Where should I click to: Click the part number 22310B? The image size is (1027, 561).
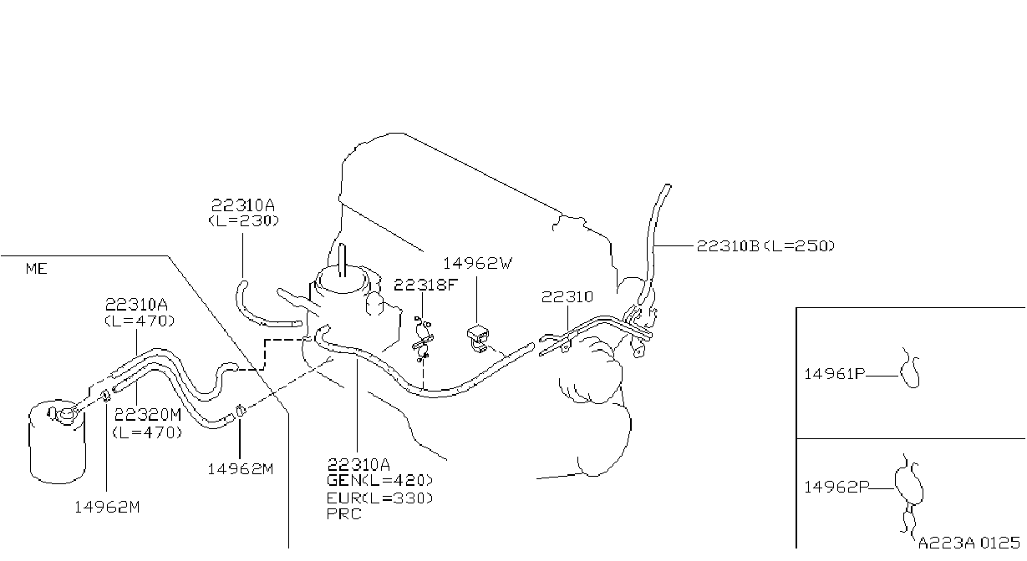(x=729, y=246)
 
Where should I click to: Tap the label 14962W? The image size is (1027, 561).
(x=477, y=263)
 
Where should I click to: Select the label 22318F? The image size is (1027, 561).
(x=426, y=285)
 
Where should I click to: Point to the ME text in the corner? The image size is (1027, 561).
(x=36, y=269)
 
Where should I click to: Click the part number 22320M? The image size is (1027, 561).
(x=148, y=415)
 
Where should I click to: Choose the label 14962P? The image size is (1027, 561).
(x=836, y=487)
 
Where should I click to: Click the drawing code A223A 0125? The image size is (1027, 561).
(x=969, y=543)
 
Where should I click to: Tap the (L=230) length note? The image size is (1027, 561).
(x=243, y=221)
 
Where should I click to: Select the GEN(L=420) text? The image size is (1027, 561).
(x=379, y=480)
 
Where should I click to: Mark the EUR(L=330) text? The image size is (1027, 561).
(x=379, y=498)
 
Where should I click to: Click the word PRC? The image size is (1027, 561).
(x=343, y=514)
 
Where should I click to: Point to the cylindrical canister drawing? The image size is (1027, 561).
(x=58, y=442)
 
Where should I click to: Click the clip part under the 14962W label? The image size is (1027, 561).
(x=478, y=338)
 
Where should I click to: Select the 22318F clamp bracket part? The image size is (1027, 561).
(x=423, y=339)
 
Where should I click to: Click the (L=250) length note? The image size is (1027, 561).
(x=799, y=246)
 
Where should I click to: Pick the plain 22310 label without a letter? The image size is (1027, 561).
(x=567, y=297)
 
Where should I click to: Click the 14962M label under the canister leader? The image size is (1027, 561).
(x=107, y=507)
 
